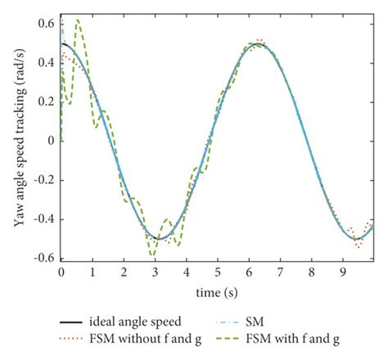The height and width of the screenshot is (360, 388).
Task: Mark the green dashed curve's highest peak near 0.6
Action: (78, 20)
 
